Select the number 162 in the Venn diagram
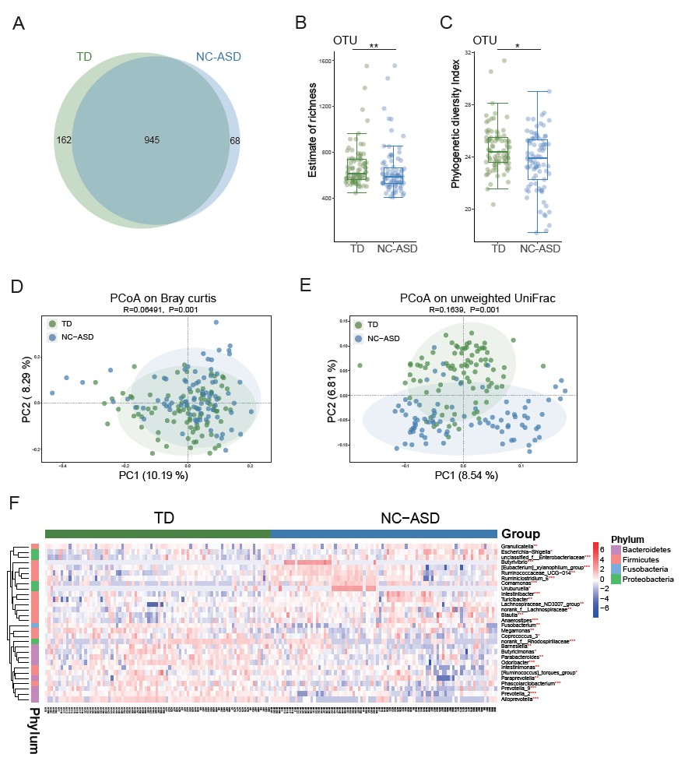64,140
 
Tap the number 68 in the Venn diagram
235,141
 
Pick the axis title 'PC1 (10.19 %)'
154,474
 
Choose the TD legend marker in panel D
52,323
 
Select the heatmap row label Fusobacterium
520,625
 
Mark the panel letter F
15,504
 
